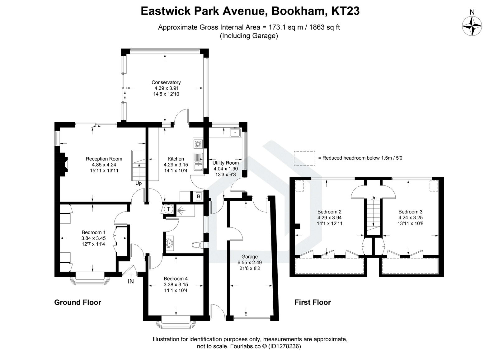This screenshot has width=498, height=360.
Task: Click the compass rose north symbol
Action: click(x=472, y=26)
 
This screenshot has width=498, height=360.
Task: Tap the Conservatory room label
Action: click(x=166, y=82)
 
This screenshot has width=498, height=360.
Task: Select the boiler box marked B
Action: click(x=198, y=197)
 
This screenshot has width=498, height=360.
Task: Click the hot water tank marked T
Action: click(x=168, y=209)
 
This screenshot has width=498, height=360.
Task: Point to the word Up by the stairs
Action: click(x=139, y=183)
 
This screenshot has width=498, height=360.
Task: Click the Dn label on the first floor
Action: click(x=374, y=198)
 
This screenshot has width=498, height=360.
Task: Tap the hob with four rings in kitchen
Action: click(x=198, y=144)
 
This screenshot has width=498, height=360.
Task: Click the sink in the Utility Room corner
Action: click(x=234, y=133)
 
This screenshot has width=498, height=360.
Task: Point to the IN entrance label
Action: click(x=131, y=282)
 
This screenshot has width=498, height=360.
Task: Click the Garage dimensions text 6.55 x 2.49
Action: click(x=249, y=262)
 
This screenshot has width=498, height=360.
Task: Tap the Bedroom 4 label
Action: click(x=176, y=279)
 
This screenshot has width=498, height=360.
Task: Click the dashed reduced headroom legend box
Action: click(x=304, y=158)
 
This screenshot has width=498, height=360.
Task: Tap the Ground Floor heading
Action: click(x=78, y=302)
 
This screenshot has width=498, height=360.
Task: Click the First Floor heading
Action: click(x=312, y=302)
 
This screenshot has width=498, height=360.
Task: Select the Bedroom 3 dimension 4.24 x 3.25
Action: click(x=410, y=218)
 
